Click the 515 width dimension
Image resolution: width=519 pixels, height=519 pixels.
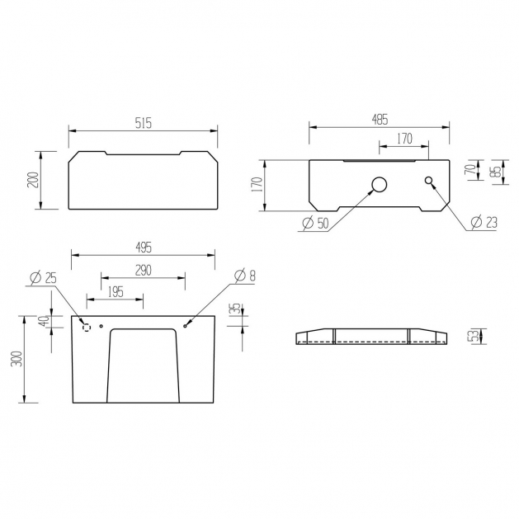pos(144,123)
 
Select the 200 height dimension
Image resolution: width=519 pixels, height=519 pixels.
pos(33,180)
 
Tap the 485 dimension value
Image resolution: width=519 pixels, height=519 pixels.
pos(380,120)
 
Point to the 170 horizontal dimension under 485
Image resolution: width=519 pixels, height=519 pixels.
pos(404,139)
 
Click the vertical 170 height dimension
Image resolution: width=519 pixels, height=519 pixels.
pos(257,185)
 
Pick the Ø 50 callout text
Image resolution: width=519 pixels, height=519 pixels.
pos(316,224)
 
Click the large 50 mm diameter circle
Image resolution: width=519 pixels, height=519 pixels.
pos(380,185)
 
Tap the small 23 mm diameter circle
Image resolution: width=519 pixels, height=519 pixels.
pos(428,181)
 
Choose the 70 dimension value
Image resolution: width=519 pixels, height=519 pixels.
pos(474,169)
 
